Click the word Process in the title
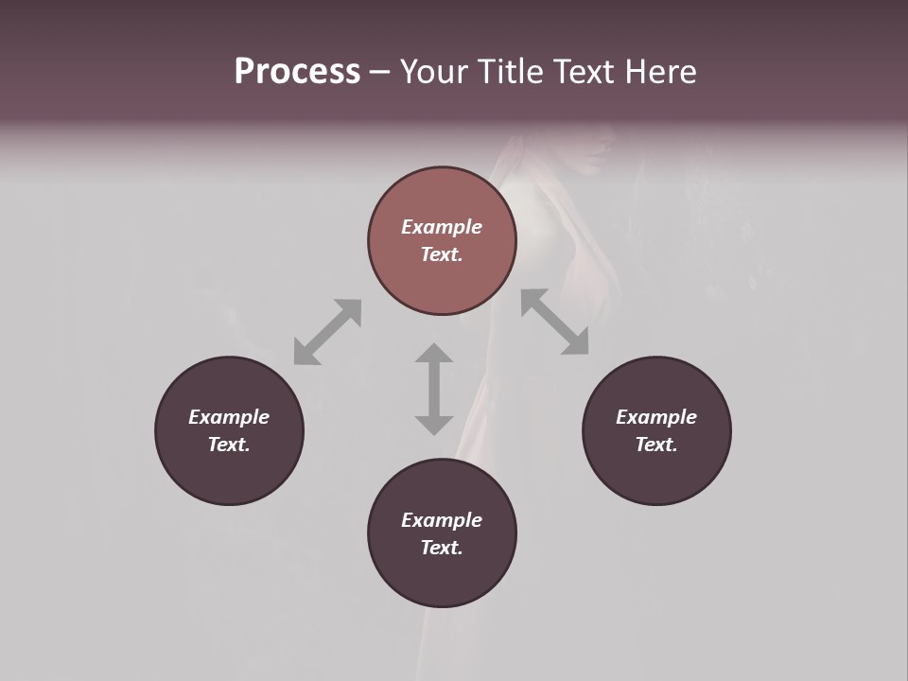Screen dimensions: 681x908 point(297,72)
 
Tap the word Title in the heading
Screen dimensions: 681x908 point(512,72)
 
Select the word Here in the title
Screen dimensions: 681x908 point(661,72)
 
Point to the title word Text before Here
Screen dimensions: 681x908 point(586,72)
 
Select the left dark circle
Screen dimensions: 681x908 point(229,473)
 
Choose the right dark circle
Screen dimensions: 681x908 point(656,473)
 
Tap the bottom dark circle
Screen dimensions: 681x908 point(442,577)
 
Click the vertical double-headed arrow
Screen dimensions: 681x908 point(434,389)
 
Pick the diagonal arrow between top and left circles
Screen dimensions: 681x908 point(327,332)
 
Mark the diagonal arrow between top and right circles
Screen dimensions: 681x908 point(555,322)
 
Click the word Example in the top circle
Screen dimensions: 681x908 point(442,227)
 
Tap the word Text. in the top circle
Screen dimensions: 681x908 point(442,254)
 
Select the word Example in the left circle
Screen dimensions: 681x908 point(229,417)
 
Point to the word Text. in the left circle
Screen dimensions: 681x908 point(229,445)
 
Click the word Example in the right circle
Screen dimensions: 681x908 point(656,417)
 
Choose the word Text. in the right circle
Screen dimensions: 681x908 point(656,445)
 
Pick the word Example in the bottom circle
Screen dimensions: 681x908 point(442,520)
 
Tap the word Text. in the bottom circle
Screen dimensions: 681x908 point(442,548)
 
